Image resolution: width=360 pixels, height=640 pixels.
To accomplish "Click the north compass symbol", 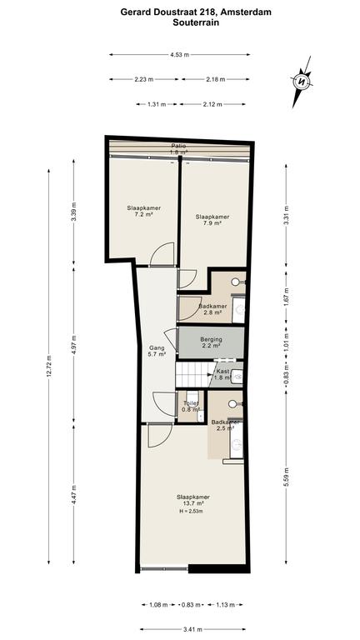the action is point(302,82).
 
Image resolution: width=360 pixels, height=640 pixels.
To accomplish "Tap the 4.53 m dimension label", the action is point(180,55).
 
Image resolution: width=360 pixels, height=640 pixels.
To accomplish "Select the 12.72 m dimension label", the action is point(49,367).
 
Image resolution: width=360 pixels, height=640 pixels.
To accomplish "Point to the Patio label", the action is point(179,146).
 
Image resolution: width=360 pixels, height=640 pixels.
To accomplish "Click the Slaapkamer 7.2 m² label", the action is point(143,211).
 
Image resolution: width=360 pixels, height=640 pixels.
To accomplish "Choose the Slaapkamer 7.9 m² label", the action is point(212,220).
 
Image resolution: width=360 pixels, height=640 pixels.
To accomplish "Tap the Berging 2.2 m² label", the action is point(211,342).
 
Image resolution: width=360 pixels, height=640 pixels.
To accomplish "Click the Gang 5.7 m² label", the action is point(157,351).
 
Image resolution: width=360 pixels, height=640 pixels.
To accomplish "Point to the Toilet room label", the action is point(191,406).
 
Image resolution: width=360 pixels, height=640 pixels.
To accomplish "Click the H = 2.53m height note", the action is point(191,511).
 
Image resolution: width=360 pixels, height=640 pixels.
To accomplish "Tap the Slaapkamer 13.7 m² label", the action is point(193,500).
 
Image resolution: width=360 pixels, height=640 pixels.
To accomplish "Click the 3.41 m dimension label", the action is point(193,629).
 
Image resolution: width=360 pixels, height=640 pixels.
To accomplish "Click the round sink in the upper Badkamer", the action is point(236,282).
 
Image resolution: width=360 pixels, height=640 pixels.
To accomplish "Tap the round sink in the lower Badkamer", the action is point(232,403).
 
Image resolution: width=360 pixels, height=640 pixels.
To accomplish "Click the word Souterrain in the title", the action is point(196,22).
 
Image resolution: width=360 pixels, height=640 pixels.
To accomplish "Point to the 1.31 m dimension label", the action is point(157,104).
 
